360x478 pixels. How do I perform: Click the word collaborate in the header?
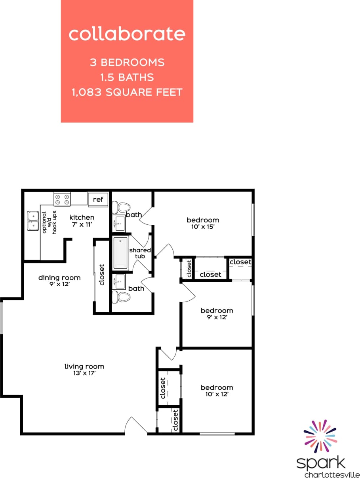127,34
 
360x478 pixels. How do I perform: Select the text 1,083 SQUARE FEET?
127,92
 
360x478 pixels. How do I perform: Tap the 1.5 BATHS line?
127,77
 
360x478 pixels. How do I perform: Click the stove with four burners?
62,199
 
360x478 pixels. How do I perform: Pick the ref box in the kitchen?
98,199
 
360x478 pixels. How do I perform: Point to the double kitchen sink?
33,221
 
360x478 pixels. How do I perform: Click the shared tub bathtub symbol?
120,253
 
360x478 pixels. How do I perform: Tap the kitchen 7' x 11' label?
82,221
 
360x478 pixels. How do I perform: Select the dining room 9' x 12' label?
59,281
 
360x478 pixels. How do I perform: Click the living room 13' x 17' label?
84,370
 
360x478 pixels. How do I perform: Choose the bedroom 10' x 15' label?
203,223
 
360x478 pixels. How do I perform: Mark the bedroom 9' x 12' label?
217,314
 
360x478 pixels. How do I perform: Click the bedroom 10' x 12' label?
217,391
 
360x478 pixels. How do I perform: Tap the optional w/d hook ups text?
49,223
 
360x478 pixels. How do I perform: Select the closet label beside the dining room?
102,275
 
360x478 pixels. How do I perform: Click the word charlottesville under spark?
326,474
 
